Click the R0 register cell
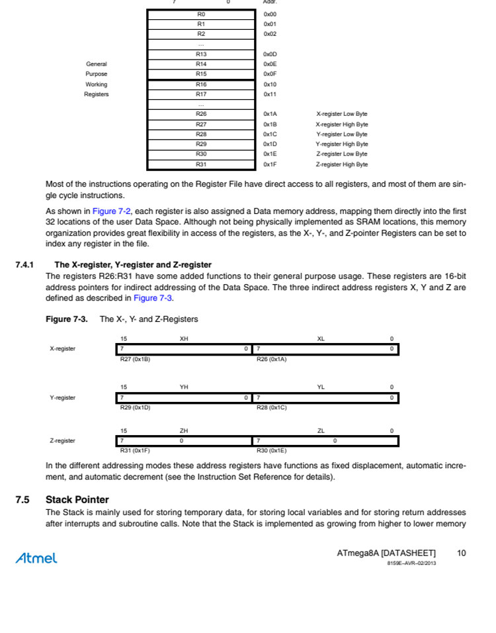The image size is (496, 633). click(x=201, y=13)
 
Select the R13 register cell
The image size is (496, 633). click(x=201, y=54)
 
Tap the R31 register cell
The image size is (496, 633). click(x=201, y=164)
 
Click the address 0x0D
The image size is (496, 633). click(x=270, y=54)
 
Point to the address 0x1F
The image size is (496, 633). click(x=270, y=164)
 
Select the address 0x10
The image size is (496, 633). click(x=270, y=84)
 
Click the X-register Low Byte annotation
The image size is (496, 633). click(x=341, y=114)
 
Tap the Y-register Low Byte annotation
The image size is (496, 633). click(x=341, y=134)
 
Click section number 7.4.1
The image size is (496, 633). click(x=24, y=265)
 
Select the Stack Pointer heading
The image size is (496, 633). click(x=77, y=499)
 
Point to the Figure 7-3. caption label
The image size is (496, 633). click(x=66, y=319)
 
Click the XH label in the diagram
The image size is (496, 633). click(x=184, y=338)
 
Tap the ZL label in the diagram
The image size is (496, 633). click(x=321, y=430)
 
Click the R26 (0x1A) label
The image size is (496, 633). click(x=271, y=359)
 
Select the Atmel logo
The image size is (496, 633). click(x=36, y=558)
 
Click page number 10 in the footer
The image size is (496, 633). click(x=461, y=553)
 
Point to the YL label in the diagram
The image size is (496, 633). click(x=321, y=387)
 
